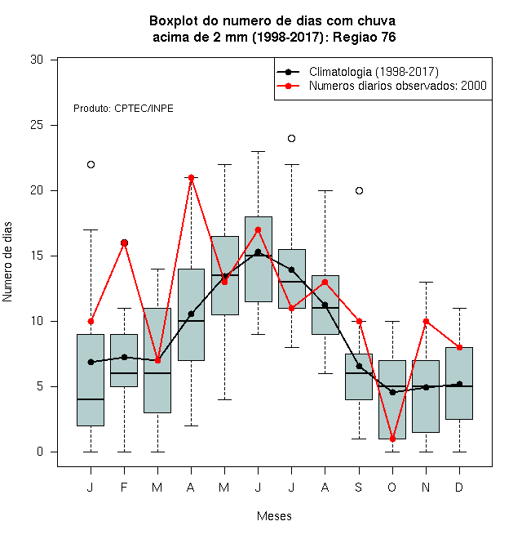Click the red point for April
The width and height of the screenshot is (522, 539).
click(x=192, y=178)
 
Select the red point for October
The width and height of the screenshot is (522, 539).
click(x=392, y=439)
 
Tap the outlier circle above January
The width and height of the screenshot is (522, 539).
click(x=91, y=165)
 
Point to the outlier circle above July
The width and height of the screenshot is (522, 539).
click(x=291, y=139)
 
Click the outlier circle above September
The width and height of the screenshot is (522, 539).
click(x=359, y=191)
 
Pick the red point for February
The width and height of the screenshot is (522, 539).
click(x=124, y=243)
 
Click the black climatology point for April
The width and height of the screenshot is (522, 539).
click(x=192, y=314)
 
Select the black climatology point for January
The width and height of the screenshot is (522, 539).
click(x=91, y=362)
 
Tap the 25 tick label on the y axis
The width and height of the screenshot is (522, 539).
click(x=37, y=125)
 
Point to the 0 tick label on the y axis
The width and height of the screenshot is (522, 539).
click(x=40, y=452)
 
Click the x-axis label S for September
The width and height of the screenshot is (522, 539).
click(x=359, y=487)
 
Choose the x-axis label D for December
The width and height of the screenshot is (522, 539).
click(x=459, y=487)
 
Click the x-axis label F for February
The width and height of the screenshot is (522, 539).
click(x=124, y=487)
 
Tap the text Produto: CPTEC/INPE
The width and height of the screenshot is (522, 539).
click(x=123, y=109)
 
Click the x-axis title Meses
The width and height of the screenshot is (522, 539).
click(x=274, y=516)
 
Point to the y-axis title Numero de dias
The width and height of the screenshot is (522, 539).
click(x=7, y=262)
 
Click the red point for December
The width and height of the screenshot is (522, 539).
click(x=459, y=348)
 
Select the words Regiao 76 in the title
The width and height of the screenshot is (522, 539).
click(x=365, y=37)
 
